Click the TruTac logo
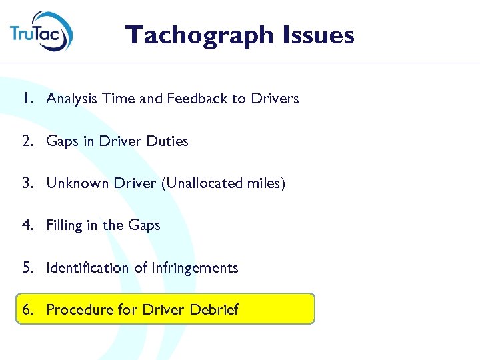pyautogui.click(x=41, y=32)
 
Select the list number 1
pyautogui.click(x=26, y=99)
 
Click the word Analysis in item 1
pyautogui.click(x=71, y=99)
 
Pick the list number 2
pyautogui.click(x=26, y=141)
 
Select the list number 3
pyautogui.click(x=26, y=183)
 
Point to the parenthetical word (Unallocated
pyautogui.click(x=200, y=183)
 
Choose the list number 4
pyautogui.click(x=26, y=225)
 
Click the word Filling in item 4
pyautogui.click(x=62, y=225)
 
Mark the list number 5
pyautogui.click(x=26, y=268)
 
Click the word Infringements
pyautogui.click(x=195, y=268)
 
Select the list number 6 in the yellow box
pyautogui.click(x=26, y=310)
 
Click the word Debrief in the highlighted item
pyautogui.click(x=214, y=310)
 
